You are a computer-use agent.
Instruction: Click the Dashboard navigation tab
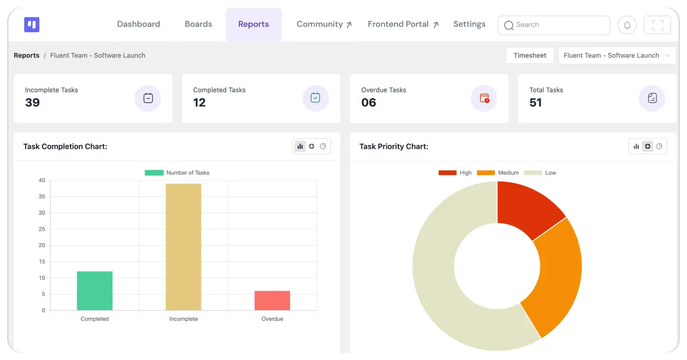(x=138, y=24)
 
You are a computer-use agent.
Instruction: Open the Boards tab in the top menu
(x=198, y=24)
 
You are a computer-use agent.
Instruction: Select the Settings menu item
(x=469, y=24)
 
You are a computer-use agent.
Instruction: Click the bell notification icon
(x=627, y=25)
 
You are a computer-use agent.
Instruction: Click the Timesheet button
(x=530, y=55)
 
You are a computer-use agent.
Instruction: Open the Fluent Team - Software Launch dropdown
(x=617, y=55)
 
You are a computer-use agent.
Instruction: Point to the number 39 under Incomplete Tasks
(x=32, y=103)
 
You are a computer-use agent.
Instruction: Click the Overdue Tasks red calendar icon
(x=484, y=98)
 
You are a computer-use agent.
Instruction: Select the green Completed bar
(x=94, y=291)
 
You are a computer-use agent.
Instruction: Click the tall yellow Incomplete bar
(x=183, y=247)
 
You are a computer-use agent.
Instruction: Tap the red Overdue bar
(x=272, y=301)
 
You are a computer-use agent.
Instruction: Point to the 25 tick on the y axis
(x=42, y=229)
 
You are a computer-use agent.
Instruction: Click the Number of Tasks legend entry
(x=177, y=173)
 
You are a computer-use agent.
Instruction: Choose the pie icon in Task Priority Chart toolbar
(x=659, y=147)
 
